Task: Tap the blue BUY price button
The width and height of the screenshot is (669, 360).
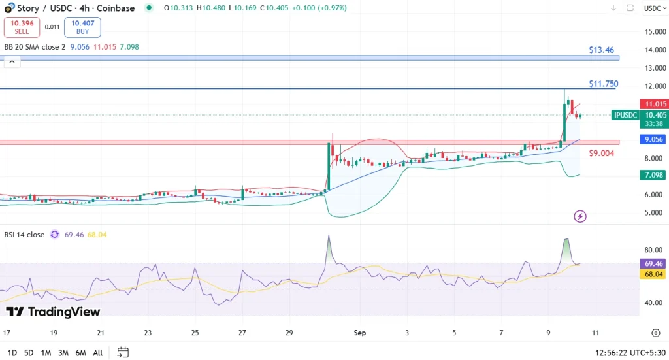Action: (x=82, y=27)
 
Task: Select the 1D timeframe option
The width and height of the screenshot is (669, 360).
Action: (x=11, y=353)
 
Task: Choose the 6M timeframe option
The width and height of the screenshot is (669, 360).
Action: (x=80, y=353)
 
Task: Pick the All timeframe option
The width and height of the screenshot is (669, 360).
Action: (x=98, y=353)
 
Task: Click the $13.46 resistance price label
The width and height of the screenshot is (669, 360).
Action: (x=601, y=50)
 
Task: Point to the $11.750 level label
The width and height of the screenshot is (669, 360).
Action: (x=603, y=84)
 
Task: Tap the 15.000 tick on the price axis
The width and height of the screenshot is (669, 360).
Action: (x=655, y=32)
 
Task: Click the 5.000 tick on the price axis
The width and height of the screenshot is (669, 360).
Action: (x=655, y=213)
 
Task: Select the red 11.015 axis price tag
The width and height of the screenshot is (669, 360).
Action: (x=655, y=105)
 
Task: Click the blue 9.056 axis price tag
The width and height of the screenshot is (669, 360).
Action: (x=655, y=139)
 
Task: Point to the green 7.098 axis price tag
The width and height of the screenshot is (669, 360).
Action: (x=655, y=175)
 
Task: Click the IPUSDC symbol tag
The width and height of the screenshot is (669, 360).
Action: (x=626, y=115)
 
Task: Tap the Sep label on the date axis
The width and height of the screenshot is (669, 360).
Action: (x=360, y=333)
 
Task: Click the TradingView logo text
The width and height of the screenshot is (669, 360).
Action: (x=54, y=312)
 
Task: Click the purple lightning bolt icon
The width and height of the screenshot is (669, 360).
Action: (x=580, y=216)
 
